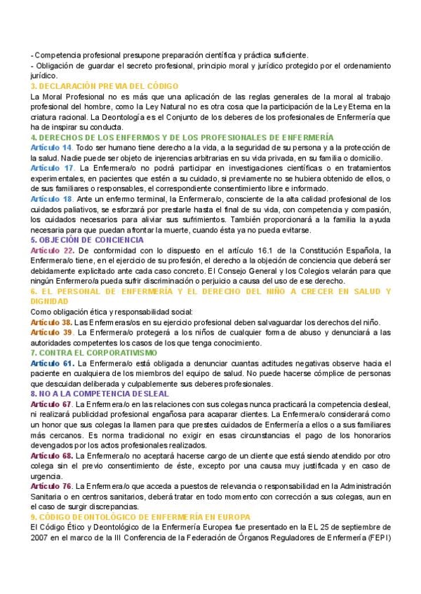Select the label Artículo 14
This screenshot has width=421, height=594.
[x=51, y=148]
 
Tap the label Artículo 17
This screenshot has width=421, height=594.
[x=52, y=169]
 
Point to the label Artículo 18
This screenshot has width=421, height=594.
[x=52, y=200]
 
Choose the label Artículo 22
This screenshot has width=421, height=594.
[x=52, y=250]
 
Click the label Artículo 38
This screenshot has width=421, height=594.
[x=52, y=322]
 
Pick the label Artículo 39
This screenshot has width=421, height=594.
[x=52, y=332]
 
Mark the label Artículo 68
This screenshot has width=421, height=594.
[x=52, y=455]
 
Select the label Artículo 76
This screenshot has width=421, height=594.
[x=52, y=485]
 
